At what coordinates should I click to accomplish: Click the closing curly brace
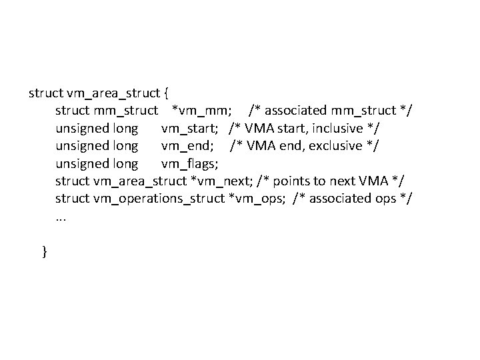45,251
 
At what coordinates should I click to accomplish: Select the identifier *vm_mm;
202,110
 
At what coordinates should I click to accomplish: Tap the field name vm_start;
191,128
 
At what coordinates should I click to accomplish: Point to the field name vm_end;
187,145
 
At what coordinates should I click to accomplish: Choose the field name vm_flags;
190,163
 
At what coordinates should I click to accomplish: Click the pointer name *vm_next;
221,181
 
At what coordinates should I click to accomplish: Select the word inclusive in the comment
339,128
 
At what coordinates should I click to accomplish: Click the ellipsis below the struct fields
61,217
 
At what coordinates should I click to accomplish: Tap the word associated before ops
341,199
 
